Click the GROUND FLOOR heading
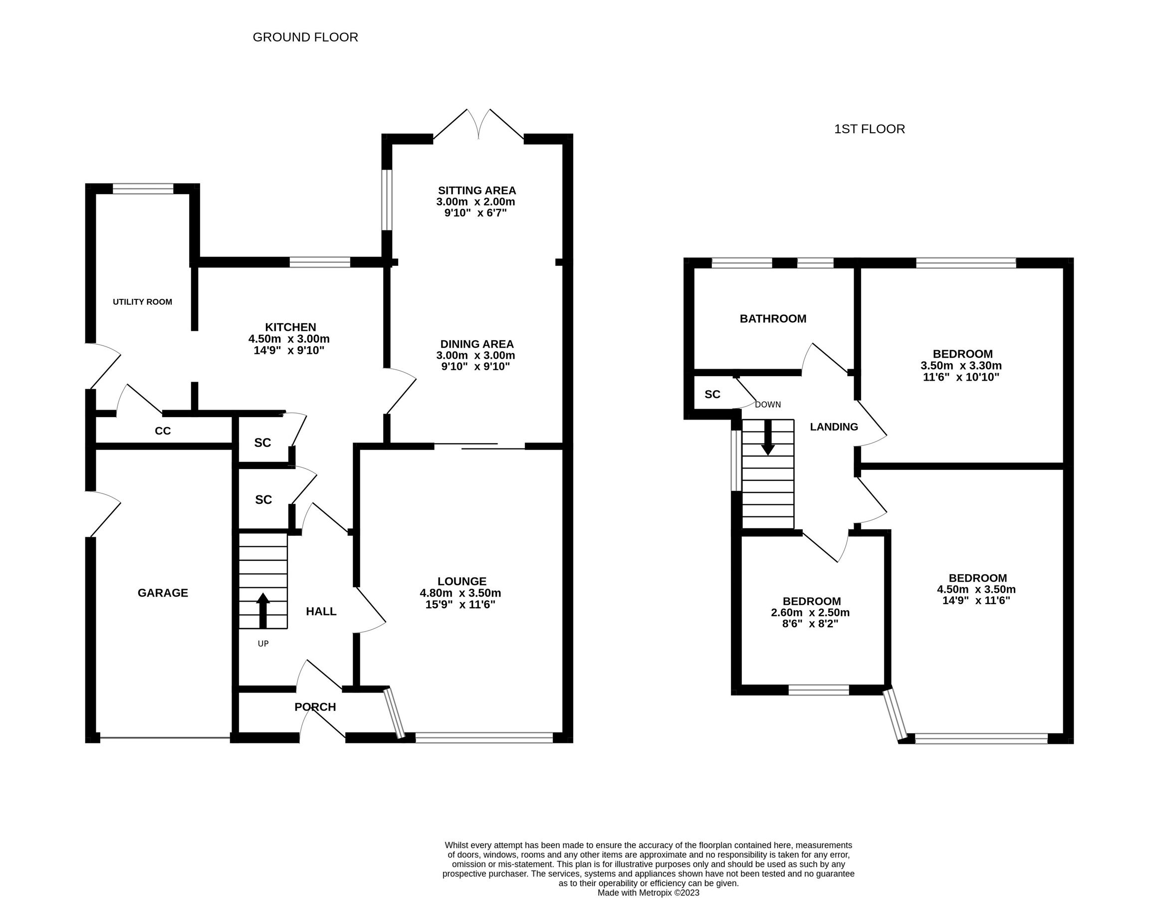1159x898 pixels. (x=305, y=37)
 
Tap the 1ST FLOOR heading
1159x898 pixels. (x=869, y=129)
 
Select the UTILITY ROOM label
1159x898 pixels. (x=142, y=302)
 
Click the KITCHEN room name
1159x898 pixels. (x=290, y=327)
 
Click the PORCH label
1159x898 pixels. (x=315, y=707)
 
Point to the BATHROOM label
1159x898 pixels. (x=773, y=319)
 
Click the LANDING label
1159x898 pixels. (x=834, y=427)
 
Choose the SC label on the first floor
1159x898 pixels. (x=712, y=394)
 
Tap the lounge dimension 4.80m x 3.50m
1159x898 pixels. (x=460, y=593)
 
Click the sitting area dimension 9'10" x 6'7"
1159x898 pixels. (x=475, y=213)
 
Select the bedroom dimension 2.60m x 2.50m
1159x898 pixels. (x=810, y=613)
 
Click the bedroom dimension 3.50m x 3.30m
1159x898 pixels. (x=961, y=366)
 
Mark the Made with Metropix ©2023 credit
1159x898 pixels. (x=648, y=893)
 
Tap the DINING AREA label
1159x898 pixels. (x=476, y=344)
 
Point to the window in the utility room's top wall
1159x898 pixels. (x=143, y=189)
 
